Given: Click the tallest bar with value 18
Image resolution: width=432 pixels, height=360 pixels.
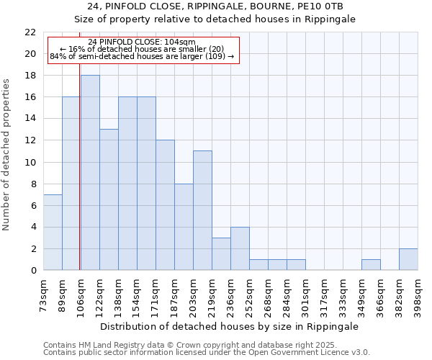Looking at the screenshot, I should pyautogui.click(x=90, y=173).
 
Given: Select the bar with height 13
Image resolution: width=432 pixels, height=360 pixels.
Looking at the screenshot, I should pyautogui.click(x=109, y=199).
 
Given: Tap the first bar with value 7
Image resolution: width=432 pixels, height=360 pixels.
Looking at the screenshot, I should pyautogui.click(x=53, y=232).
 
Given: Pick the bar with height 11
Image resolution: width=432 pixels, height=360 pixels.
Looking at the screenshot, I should pyautogui.click(x=202, y=210).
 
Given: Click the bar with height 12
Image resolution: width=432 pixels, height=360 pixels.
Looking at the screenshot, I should pyautogui.click(x=165, y=205).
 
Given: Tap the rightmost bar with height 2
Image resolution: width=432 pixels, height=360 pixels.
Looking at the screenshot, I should pyautogui.click(x=408, y=259).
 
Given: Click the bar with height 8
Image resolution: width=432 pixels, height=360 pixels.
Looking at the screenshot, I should pyautogui.click(x=184, y=227).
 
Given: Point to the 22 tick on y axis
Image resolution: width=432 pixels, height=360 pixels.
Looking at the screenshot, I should pyautogui.click(x=30, y=32).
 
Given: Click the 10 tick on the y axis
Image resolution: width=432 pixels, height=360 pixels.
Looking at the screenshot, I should pyautogui.click(x=30, y=162).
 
